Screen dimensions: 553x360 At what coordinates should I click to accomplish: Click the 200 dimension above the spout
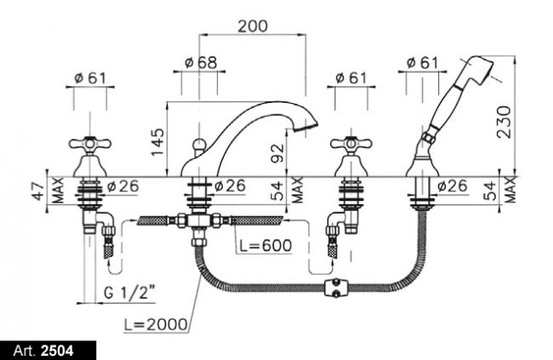tap(253, 26)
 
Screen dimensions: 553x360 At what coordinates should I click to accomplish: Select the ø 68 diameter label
tap(201, 63)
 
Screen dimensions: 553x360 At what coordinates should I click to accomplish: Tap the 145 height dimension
tap(157, 142)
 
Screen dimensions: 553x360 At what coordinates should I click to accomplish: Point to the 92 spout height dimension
tap(277, 153)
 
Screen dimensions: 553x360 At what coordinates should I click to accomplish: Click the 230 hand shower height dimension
tap(504, 122)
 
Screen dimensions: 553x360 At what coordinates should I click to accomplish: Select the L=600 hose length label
tap(265, 246)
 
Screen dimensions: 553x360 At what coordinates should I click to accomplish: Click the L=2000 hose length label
tap(156, 324)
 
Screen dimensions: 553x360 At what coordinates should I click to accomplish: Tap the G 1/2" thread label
tap(130, 292)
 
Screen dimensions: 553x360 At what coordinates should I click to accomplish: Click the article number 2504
tap(57, 351)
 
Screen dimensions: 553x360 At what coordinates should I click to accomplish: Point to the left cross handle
tap(90, 145)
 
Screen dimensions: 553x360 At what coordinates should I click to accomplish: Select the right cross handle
tap(351, 145)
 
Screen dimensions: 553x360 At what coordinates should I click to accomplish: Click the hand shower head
tap(476, 71)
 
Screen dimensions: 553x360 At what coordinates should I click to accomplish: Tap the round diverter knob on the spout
tap(199, 144)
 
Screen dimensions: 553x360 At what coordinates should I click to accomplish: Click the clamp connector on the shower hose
tap(335, 287)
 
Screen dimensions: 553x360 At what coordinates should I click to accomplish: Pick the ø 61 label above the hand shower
tap(422, 63)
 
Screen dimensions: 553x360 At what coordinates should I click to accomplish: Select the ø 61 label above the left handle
tap(90, 78)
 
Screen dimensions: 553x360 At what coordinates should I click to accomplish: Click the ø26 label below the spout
tap(231, 186)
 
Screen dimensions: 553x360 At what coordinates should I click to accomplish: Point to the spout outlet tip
tap(306, 127)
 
